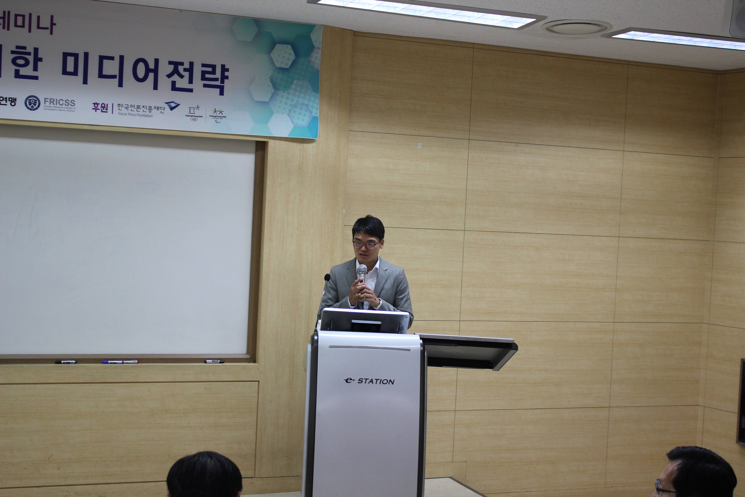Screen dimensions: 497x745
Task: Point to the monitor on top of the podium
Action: (x=364, y=321)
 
